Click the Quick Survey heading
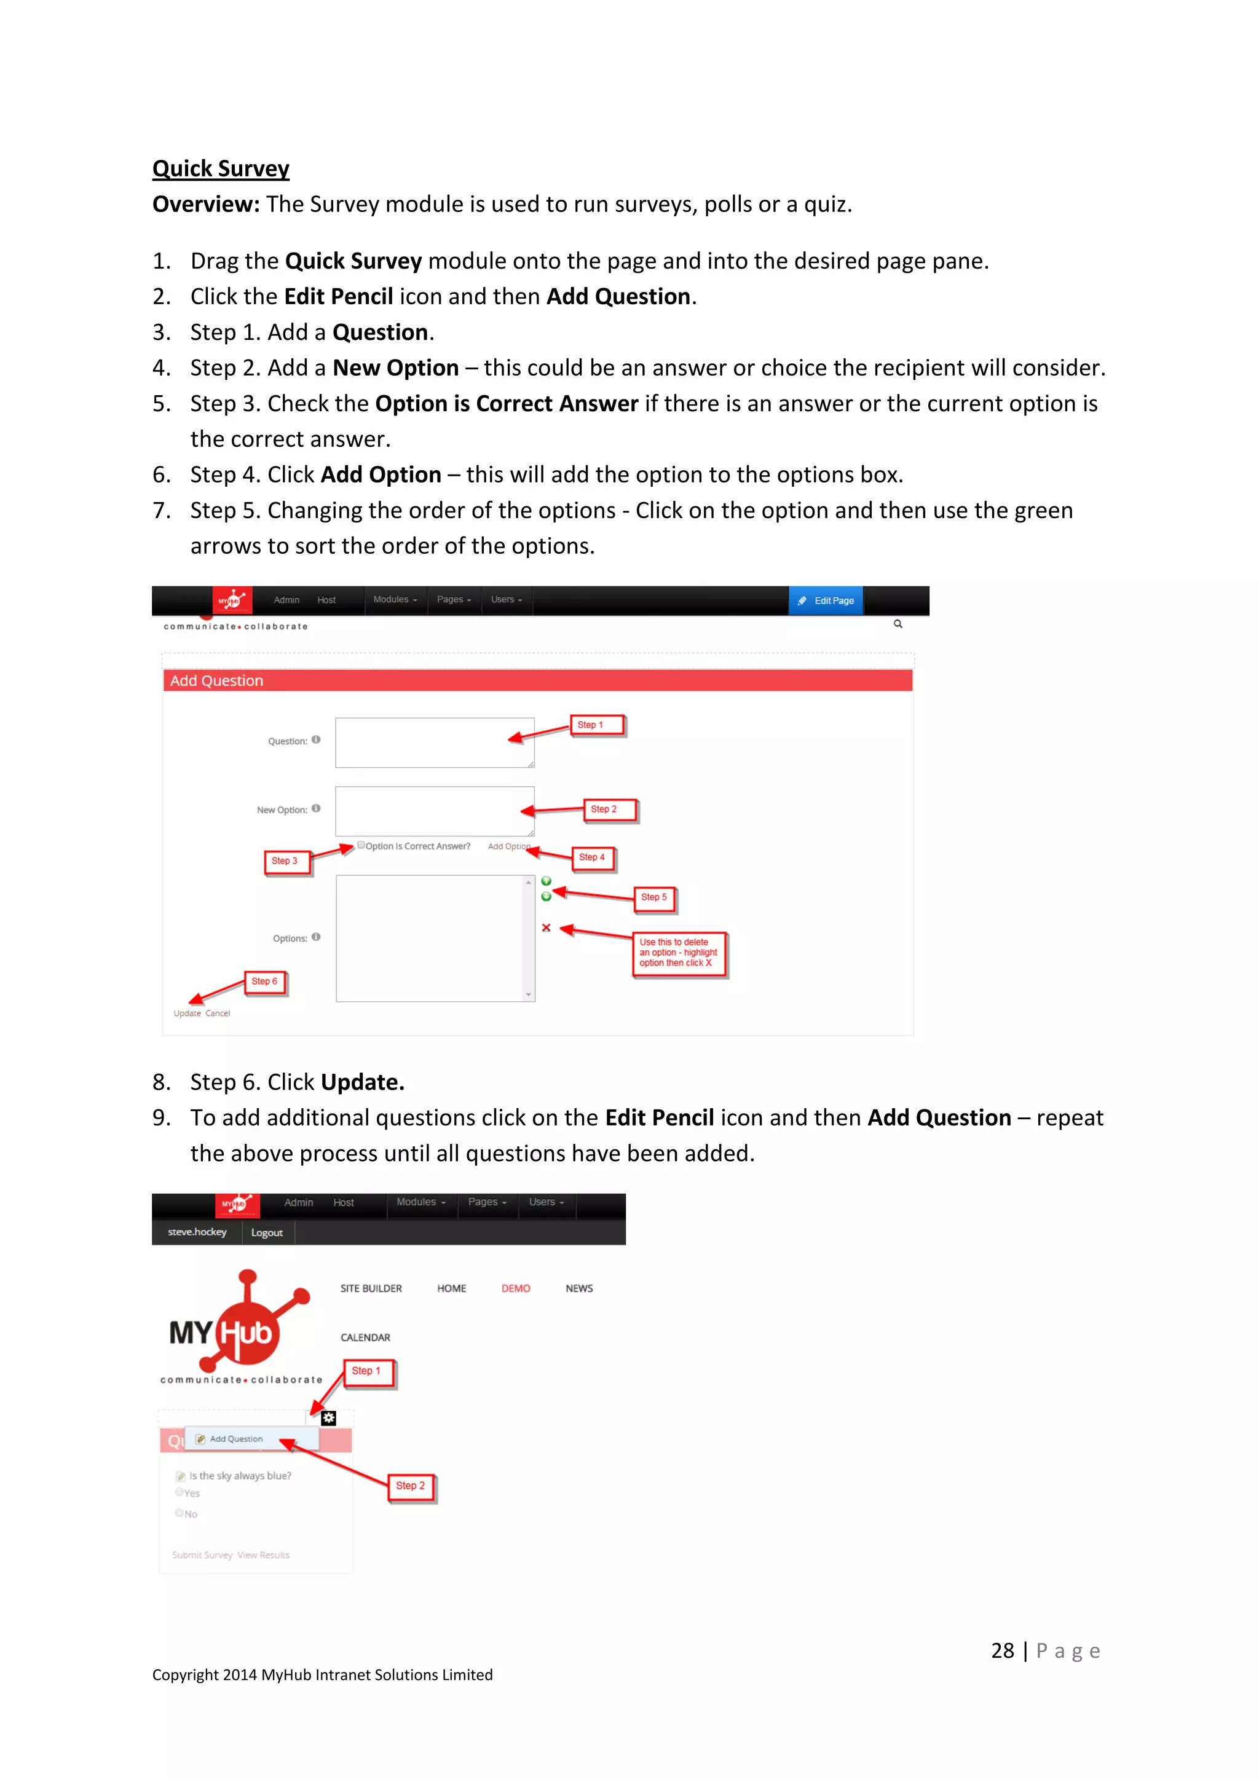pyautogui.click(x=220, y=168)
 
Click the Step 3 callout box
pyautogui.click(x=285, y=860)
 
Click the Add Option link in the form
pyautogui.click(x=508, y=846)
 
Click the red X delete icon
pyautogui.click(x=546, y=927)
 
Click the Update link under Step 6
pyautogui.click(x=187, y=1014)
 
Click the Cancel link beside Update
pyautogui.click(x=218, y=1014)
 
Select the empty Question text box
pyautogui.click(x=434, y=742)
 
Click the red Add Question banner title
pyautogui.click(x=217, y=680)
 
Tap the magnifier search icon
pyautogui.click(x=898, y=623)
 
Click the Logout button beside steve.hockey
pyautogui.click(x=267, y=1233)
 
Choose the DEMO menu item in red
pyautogui.click(x=516, y=1288)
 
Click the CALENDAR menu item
pyautogui.click(x=365, y=1337)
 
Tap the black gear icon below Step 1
pyautogui.click(x=329, y=1418)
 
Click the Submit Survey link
pyautogui.click(x=202, y=1554)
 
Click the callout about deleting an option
pyautogui.click(x=679, y=953)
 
